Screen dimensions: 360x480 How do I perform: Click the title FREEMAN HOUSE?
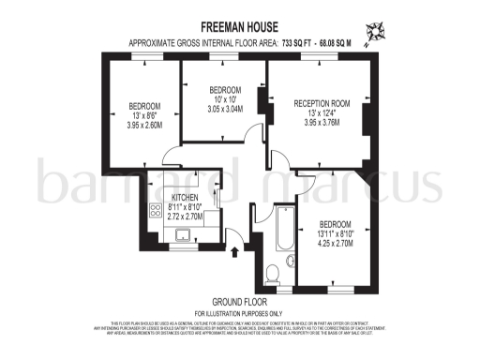239,29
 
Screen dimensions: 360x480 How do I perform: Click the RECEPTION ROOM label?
322,103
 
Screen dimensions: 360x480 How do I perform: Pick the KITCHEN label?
185,198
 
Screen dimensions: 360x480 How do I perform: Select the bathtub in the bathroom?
282,229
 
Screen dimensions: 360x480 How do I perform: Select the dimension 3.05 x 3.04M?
224,108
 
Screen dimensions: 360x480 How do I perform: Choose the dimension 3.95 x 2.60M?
144,124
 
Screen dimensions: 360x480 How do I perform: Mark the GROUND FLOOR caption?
239,301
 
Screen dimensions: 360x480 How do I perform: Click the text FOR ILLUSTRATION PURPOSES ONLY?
239,312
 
